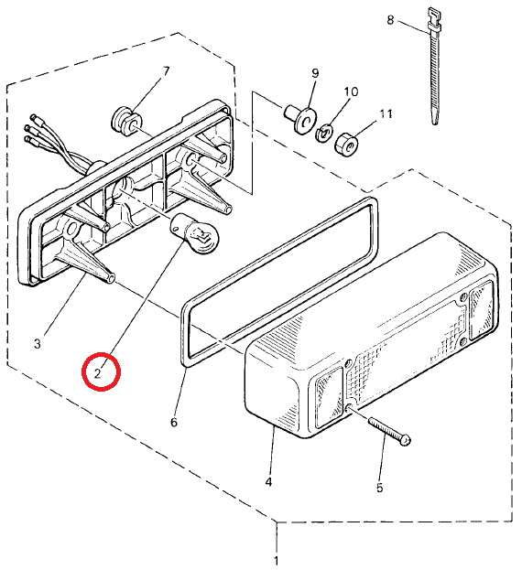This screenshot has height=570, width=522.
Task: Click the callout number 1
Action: (276, 560)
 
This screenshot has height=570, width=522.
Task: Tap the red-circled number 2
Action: (97, 373)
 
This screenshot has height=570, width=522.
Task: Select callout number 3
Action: (38, 343)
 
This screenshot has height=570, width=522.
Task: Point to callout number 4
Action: (268, 482)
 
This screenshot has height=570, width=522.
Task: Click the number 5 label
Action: (380, 488)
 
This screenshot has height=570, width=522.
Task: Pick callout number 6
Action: (174, 423)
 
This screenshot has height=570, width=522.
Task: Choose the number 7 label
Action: (167, 71)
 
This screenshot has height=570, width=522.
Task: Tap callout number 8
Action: (390, 19)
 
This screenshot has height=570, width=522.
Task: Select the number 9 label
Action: (315, 73)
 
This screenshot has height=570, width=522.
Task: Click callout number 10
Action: (351, 91)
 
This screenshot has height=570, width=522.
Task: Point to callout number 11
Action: (386, 114)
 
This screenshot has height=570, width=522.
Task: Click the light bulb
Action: (195, 233)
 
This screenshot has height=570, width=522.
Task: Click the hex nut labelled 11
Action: (346, 144)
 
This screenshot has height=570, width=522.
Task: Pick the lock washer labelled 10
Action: (323, 133)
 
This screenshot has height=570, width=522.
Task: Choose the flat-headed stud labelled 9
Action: (300, 119)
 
